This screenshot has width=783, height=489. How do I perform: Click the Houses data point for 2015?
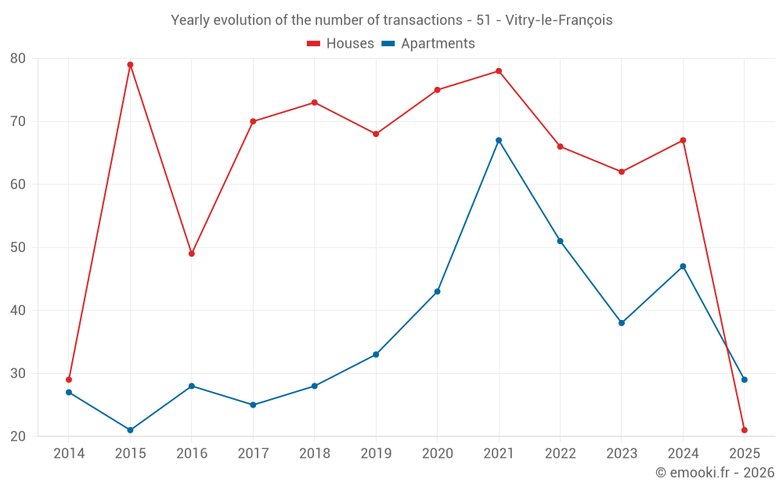click(130, 65)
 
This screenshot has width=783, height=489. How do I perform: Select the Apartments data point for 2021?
click(499, 141)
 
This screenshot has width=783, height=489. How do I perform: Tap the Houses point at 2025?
click(744, 430)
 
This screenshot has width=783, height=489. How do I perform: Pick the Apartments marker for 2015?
click(130, 430)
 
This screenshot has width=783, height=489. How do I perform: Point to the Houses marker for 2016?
click(192, 253)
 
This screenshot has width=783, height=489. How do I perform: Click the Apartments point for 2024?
click(683, 267)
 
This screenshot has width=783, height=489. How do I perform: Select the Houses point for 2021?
click(499, 71)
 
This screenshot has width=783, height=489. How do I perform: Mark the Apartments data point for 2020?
click(437, 292)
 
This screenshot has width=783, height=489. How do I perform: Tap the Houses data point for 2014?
click(69, 379)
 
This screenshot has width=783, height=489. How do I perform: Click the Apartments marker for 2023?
click(622, 323)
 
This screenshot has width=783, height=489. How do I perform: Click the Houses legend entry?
click(341, 44)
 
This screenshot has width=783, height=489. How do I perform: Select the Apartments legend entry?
click(428, 44)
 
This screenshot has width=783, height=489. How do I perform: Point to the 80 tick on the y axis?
click(18, 59)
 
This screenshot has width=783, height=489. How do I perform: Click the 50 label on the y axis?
click(18, 248)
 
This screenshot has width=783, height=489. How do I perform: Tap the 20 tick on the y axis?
click(18, 437)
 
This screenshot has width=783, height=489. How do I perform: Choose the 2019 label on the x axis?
click(376, 454)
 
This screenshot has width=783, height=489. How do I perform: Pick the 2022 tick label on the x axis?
click(560, 454)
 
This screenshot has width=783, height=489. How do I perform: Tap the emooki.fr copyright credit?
click(714, 473)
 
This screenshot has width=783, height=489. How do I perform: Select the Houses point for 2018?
click(314, 102)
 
